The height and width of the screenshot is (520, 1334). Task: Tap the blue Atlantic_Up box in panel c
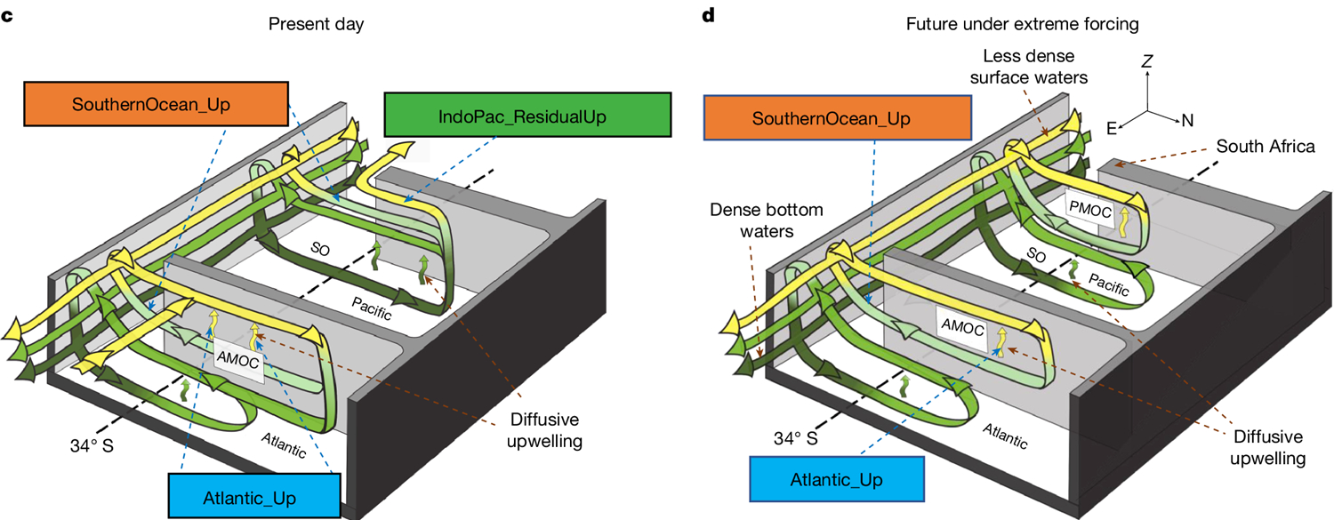coord(254,495)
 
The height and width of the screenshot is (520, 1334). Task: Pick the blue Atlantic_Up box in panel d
coord(836,480)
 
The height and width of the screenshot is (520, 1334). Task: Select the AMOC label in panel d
coord(960,329)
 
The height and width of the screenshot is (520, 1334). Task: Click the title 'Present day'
coord(316,23)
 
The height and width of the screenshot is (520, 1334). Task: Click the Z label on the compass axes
coord(1147,61)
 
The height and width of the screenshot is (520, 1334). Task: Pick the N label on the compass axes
coord(1188,119)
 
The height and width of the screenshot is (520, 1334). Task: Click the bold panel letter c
coord(6,17)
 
